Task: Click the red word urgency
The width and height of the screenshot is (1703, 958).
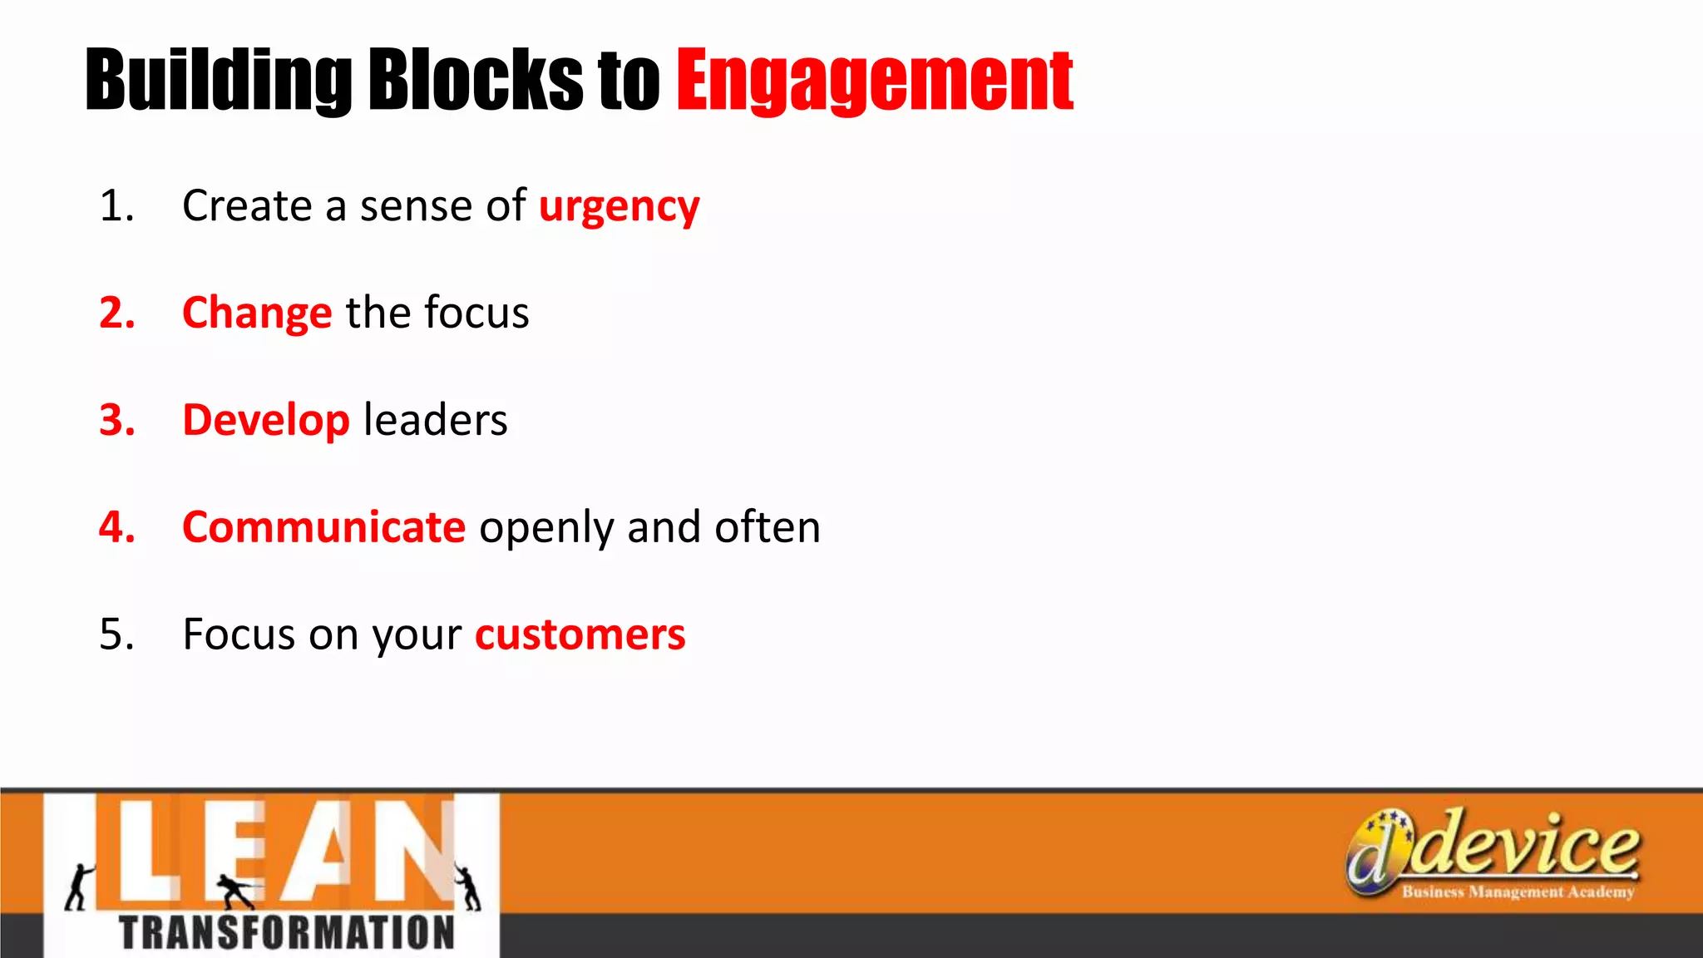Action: click(619, 207)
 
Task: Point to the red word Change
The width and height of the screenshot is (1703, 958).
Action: click(257, 314)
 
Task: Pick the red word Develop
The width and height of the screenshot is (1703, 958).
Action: click(266, 420)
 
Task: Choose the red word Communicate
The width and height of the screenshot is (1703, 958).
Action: click(323, 527)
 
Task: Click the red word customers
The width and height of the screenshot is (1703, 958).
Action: click(580, 635)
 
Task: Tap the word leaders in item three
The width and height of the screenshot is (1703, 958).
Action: click(436, 420)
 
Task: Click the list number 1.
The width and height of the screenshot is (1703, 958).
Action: click(116, 205)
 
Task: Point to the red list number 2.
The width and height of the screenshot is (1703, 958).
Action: click(116, 313)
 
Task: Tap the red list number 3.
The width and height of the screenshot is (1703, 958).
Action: click(116, 420)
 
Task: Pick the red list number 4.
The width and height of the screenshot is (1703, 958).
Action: click(116, 527)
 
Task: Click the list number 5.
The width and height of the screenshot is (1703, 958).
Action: click(116, 635)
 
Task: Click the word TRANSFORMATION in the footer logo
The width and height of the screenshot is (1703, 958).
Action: click(287, 932)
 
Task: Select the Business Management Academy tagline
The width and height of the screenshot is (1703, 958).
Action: click(1518, 892)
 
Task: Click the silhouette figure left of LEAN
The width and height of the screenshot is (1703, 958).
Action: click(79, 886)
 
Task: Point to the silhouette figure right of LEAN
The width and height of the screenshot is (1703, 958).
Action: click(468, 886)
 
